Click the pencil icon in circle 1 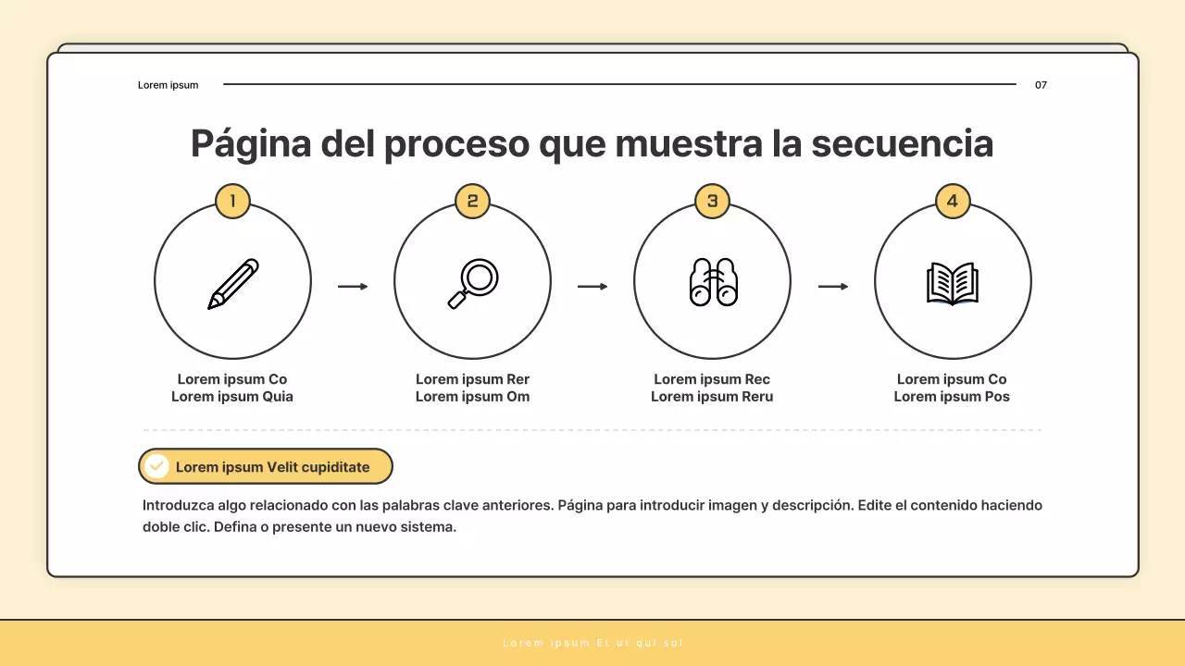pyautogui.click(x=232, y=284)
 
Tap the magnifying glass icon pyautogui.click(x=473, y=283)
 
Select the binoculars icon pyautogui.click(x=713, y=282)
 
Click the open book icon pyautogui.click(x=953, y=284)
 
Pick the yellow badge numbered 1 pyautogui.click(x=232, y=201)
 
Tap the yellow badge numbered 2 pyautogui.click(x=472, y=201)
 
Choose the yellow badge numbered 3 pyautogui.click(x=712, y=201)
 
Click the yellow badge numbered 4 pyautogui.click(x=953, y=201)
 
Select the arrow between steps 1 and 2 pyautogui.click(x=353, y=287)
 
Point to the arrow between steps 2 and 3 pyautogui.click(x=592, y=287)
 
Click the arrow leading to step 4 pyautogui.click(x=833, y=287)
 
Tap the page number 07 pyautogui.click(x=1041, y=85)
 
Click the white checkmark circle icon pyautogui.click(x=157, y=466)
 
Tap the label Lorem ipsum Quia pyautogui.click(x=232, y=397)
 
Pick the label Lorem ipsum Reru pyautogui.click(x=712, y=397)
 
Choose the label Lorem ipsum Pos pyautogui.click(x=952, y=397)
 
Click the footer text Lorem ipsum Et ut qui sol pyautogui.click(x=592, y=643)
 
